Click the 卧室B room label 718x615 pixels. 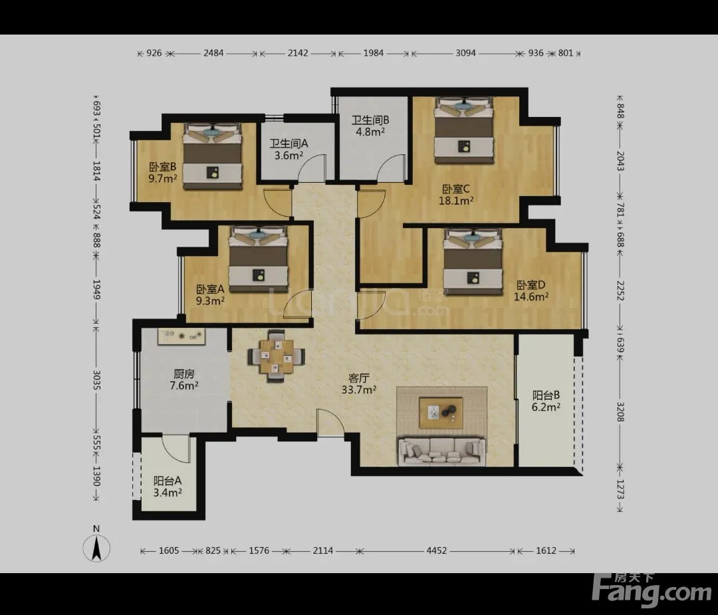click(163, 167)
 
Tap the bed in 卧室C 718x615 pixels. click(464, 130)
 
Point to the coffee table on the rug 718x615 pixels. click(441, 413)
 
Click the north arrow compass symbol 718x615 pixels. click(96, 548)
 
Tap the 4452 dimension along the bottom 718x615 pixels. click(436, 551)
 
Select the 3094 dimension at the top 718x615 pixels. click(465, 53)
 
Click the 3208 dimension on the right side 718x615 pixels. click(620, 412)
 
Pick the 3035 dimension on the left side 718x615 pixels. click(96, 380)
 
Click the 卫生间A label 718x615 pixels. click(289, 144)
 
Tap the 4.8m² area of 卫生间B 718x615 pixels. click(370, 132)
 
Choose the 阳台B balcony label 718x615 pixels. click(546, 395)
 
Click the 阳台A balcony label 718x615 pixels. click(168, 481)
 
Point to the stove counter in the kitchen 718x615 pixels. click(181, 336)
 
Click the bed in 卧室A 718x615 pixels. click(259, 259)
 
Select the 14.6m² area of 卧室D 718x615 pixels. click(531, 297)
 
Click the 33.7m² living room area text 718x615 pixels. click(359, 390)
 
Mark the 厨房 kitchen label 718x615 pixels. click(184, 374)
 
